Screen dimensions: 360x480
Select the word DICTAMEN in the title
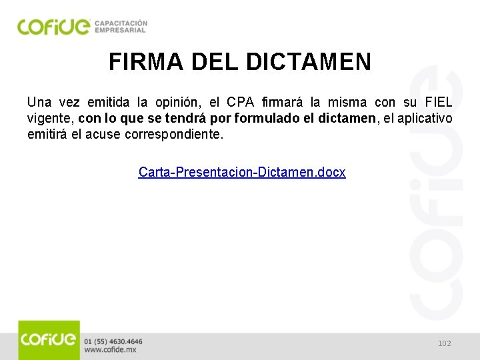click(x=309, y=62)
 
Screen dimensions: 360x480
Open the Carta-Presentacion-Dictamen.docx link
click(x=242, y=172)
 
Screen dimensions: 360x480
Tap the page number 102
click(x=445, y=343)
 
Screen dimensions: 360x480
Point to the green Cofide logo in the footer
click(x=49, y=340)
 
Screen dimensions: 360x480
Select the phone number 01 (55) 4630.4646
click(x=113, y=341)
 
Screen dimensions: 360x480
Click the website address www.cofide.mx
click(x=111, y=349)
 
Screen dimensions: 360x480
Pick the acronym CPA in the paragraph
click(x=241, y=103)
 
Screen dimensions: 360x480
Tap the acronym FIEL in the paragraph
click(x=438, y=103)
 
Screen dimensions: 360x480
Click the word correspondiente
click(x=184, y=134)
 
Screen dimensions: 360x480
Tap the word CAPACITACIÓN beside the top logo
click(x=121, y=23)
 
